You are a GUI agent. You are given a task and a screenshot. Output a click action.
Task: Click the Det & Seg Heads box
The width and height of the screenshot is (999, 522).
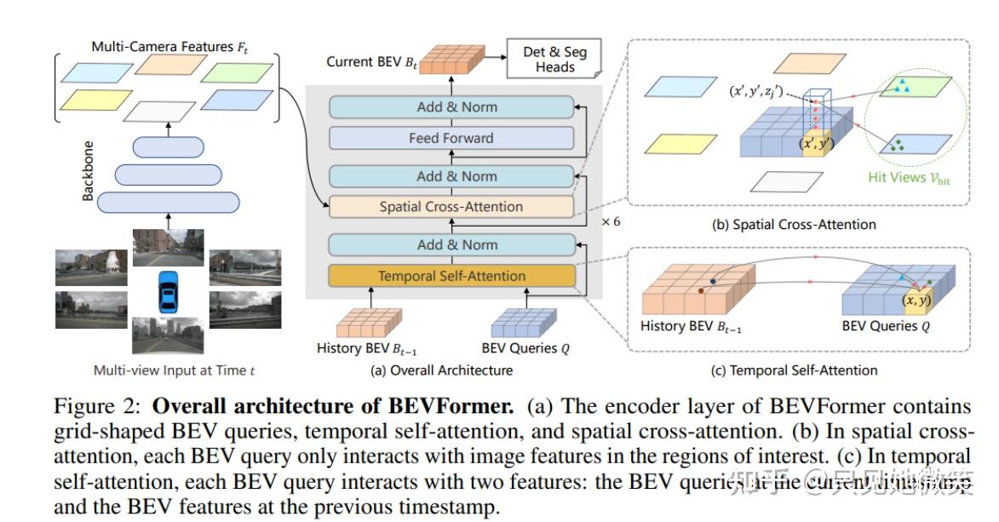tap(554, 59)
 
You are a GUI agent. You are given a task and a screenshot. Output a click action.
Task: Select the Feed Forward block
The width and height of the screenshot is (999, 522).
tap(451, 138)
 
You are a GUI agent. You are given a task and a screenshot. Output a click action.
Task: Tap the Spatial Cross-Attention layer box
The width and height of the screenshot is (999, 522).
tap(451, 207)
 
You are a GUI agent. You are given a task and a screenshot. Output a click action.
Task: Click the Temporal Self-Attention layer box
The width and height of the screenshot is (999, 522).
tap(451, 276)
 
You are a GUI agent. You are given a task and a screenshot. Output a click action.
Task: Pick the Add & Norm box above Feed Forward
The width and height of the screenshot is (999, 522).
tap(451, 107)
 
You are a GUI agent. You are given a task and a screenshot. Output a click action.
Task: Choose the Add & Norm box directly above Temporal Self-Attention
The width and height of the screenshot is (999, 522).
tap(451, 245)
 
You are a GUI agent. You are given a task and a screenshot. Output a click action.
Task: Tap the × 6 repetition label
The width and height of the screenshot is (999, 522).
tap(611, 221)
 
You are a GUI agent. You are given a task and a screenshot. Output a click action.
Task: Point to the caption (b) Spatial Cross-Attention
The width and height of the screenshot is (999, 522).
tap(794, 225)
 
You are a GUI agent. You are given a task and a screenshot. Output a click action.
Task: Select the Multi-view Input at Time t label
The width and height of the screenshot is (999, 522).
tap(173, 370)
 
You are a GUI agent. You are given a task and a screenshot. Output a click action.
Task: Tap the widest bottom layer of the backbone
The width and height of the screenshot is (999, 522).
tap(168, 202)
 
